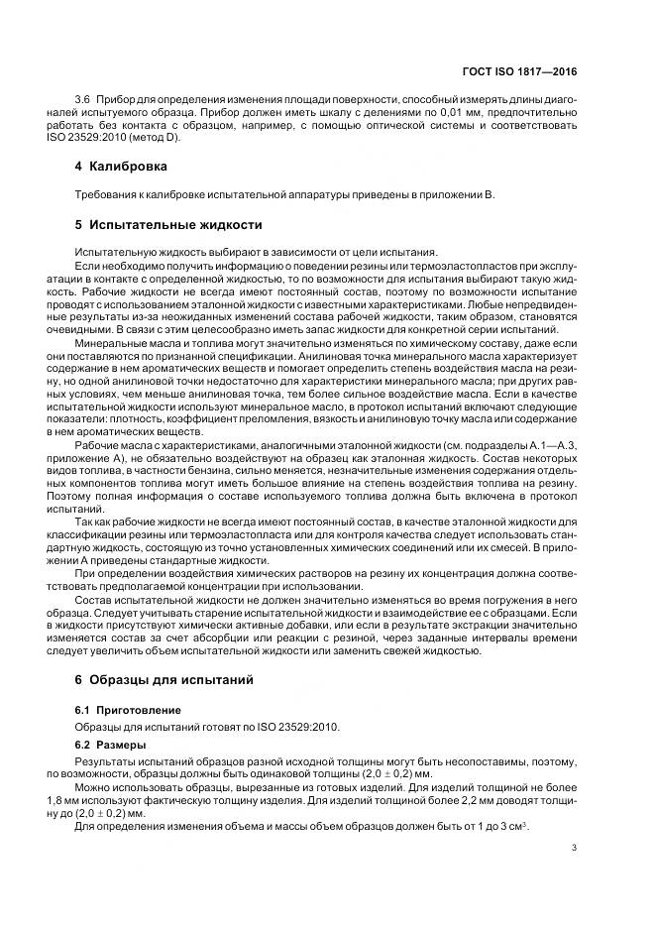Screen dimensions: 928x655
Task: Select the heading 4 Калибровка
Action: click(114, 166)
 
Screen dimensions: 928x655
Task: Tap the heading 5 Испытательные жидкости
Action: click(162, 225)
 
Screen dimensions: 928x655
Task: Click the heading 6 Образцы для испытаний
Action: click(158, 680)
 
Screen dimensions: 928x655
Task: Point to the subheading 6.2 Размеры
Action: click(111, 744)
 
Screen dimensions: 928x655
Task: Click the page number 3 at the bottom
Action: click(575, 848)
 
